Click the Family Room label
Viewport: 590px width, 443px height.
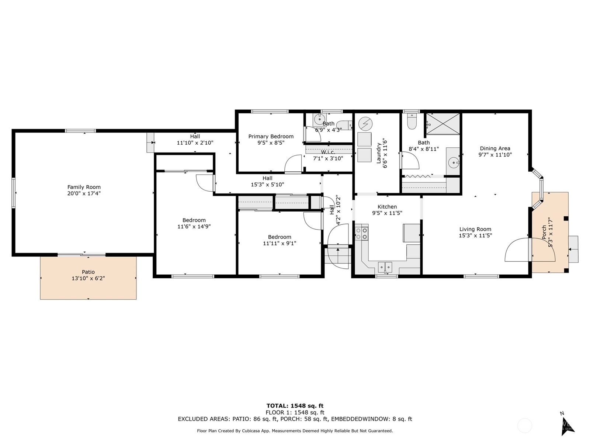click(x=84, y=187)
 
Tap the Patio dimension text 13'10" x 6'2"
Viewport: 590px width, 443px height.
click(x=88, y=278)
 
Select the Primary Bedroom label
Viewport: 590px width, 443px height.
click(x=271, y=136)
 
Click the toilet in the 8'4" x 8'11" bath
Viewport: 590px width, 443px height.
click(x=412, y=122)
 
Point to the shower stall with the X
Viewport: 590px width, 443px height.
click(x=443, y=124)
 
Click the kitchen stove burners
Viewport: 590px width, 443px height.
click(x=361, y=233)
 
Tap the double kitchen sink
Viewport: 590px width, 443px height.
click(x=385, y=266)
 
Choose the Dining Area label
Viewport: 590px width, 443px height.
click(x=495, y=148)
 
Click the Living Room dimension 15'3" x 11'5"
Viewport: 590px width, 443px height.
click(x=475, y=236)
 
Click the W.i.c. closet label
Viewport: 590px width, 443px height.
click(x=328, y=152)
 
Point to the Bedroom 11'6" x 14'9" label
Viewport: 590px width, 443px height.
click(x=194, y=220)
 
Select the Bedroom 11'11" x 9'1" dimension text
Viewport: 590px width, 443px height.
click(x=280, y=243)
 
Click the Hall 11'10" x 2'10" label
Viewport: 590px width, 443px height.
click(x=195, y=137)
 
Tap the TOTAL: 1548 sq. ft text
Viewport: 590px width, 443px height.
click(x=295, y=406)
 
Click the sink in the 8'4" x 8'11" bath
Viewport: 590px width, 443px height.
click(x=453, y=162)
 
